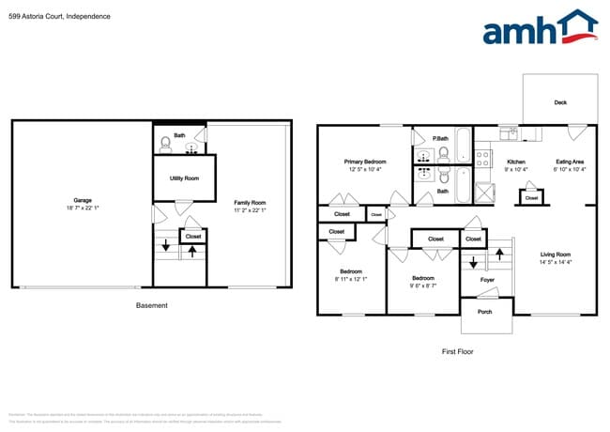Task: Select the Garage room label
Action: [83, 199]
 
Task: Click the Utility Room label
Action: [184, 178]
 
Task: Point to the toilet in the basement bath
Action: [167, 144]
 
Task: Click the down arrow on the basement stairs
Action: [166, 246]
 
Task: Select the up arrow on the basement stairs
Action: [192, 251]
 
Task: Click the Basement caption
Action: [151, 305]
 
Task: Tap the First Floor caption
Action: [457, 351]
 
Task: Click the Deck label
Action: [559, 102]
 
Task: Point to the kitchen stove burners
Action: [484, 158]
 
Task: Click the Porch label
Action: [485, 312]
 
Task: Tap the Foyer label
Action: [488, 279]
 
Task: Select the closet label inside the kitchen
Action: [531, 198]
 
